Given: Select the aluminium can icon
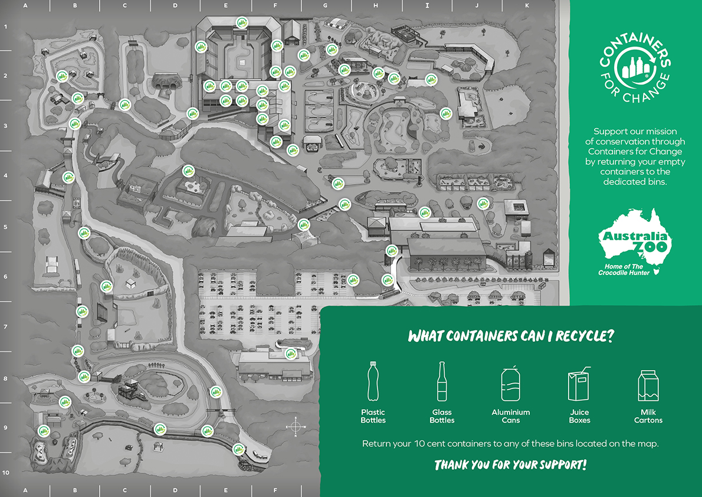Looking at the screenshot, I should pos(511,384).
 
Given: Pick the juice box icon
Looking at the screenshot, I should pos(580,384).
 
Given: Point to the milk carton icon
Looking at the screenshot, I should pos(648,385).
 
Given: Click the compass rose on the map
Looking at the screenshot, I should pos(296,426).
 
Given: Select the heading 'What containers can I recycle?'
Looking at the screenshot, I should pos(511,336).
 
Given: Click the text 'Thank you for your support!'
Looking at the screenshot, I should pos(511,465).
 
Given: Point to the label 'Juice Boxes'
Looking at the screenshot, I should pos(580,416).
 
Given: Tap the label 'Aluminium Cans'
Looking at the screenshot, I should pos(511,416).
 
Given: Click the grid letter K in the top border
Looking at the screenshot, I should pos(527,5).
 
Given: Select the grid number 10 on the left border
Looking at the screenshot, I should pos(5,472).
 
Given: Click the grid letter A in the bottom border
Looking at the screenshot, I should pos(25,491).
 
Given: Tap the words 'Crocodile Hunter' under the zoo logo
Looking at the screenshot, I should pos(623,273).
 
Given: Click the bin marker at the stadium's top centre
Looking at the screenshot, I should pos(242,22).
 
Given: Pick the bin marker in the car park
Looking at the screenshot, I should pos(353,280).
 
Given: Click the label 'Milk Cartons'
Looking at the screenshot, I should pos(648,416).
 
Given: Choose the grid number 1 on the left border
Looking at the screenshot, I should pos(5,27).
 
